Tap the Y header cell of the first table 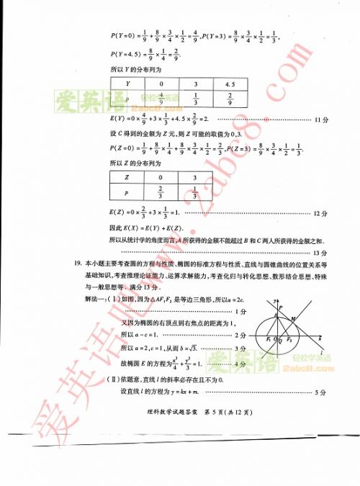[127, 84]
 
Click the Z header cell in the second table [127, 176]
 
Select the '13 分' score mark [320, 253]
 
